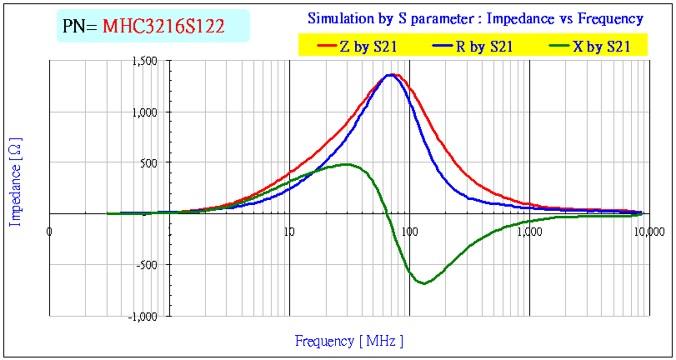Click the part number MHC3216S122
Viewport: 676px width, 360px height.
pyautogui.click(x=163, y=27)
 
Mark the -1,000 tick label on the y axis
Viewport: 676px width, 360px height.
pyautogui.click(x=145, y=317)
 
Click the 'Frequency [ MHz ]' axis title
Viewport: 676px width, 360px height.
pyautogui.click(x=348, y=341)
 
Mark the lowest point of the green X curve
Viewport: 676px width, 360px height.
pyautogui.click(x=424, y=283)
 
